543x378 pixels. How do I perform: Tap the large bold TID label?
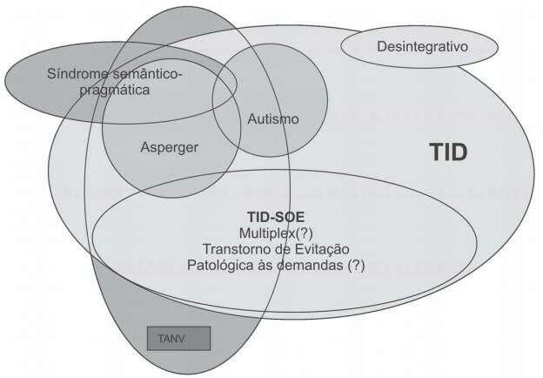click(449, 153)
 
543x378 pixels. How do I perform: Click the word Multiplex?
click(261, 233)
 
